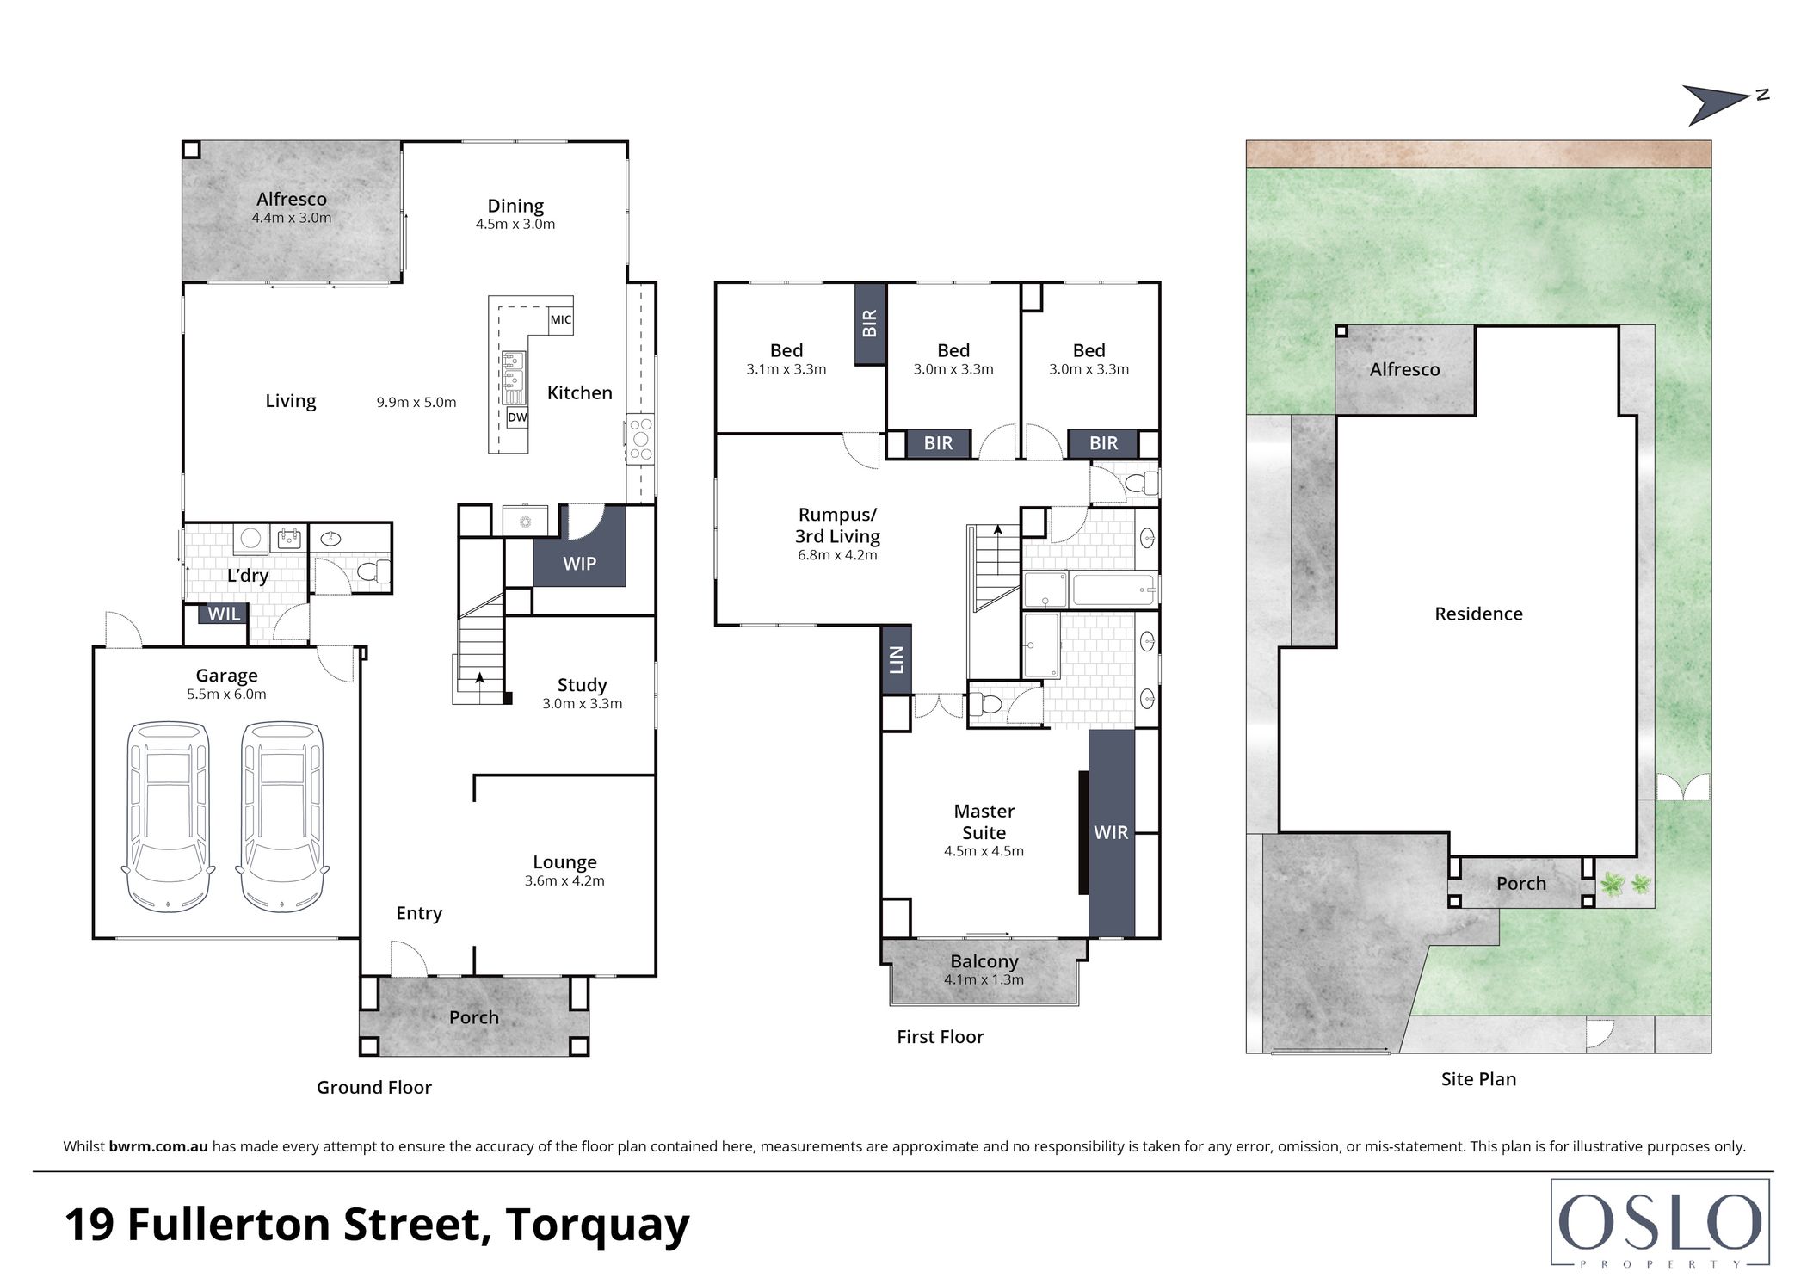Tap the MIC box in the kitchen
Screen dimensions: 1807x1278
click(561, 319)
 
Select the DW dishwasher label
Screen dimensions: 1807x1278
click(517, 417)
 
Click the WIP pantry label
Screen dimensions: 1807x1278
click(579, 564)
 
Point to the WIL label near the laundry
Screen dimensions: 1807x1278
click(225, 614)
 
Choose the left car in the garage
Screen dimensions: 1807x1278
click(169, 818)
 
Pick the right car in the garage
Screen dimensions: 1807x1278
click(282, 818)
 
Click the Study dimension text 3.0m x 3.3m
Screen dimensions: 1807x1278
click(583, 704)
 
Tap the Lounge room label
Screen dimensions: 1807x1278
click(564, 862)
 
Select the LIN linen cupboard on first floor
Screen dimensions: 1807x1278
click(897, 659)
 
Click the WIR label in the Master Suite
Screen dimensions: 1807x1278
click(1111, 833)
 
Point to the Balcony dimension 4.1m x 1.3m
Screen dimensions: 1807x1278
click(984, 980)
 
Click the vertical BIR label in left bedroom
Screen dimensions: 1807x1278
click(870, 324)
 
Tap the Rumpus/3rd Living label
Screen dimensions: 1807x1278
click(837, 525)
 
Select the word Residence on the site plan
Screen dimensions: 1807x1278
click(1478, 614)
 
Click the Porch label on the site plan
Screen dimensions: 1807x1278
click(1521, 884)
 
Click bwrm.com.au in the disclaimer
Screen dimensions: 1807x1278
click(158, 1146)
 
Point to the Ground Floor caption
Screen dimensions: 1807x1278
click(374, 1088)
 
